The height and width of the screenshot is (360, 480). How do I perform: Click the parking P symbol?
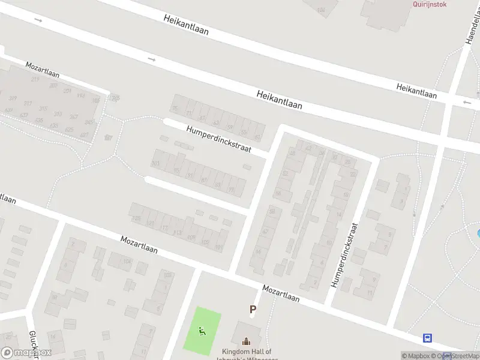[x=253, y=310]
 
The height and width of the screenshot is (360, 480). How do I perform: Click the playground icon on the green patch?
[x=202, y=330]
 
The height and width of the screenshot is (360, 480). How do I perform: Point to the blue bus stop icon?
[x=427, y=338]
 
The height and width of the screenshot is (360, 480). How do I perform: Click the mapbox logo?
[x=26, y=353]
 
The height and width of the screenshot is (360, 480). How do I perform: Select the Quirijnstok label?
[x=430, y=4]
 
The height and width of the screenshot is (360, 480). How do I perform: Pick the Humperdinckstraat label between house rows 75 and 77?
[x=218, y=139]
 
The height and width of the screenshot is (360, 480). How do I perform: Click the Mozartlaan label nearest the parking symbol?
[x=281, y=293]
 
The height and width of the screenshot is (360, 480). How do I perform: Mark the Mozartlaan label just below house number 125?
[x=139, y=244]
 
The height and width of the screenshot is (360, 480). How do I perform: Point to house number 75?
[x=176, y=109]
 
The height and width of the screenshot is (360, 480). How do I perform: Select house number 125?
[x=136, y=218]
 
